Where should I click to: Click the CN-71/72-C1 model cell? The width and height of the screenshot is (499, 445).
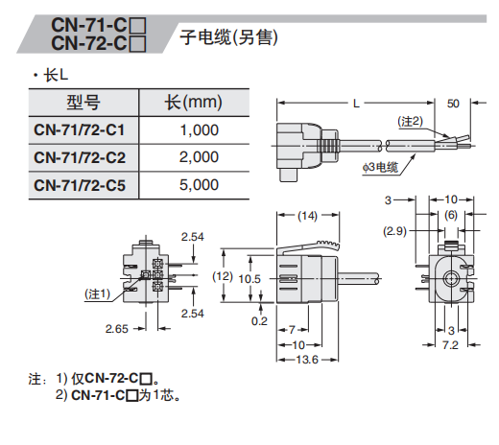[x=79, y=130]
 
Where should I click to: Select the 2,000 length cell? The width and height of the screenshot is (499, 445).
[x=199, y=157]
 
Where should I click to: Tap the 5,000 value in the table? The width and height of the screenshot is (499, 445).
[x=199, y=185]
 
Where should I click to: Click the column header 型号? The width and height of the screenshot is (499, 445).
[x=83, y=103]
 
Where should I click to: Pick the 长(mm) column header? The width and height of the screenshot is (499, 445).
[x=193, y=103]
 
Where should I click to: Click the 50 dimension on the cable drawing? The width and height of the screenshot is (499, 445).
[x=453, y=104]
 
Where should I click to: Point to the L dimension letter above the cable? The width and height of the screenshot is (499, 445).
[x=356, y=104]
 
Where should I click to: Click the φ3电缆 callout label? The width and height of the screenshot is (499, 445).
[x=380, y=167]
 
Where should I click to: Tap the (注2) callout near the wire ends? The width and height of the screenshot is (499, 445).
[x=410, y=122]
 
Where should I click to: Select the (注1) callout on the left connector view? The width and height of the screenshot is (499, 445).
[x=97, y=293]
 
